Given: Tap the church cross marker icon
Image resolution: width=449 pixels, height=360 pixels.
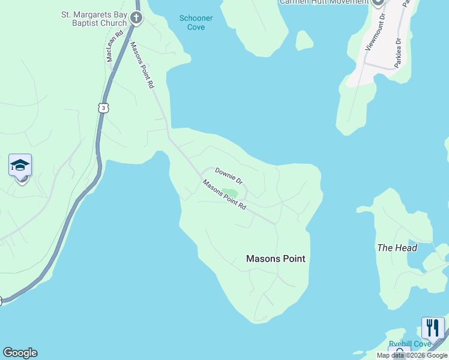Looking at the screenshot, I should click(x=136, y=17).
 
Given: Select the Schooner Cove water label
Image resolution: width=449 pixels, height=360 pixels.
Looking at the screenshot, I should click(x=196, y=22).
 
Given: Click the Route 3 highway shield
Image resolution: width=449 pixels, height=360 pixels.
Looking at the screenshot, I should click(x=104, y=107).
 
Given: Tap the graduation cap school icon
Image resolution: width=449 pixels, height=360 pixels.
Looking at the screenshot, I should click(x=20, y=165).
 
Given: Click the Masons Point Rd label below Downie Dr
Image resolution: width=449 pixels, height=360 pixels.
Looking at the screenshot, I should click(x=224, y=194).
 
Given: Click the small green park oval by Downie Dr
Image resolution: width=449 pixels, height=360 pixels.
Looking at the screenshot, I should click(x=229, y=193).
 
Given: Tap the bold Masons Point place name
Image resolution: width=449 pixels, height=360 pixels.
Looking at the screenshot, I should click(x=276, y=259).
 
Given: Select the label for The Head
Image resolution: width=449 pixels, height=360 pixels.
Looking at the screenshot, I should click(x=397, y=247).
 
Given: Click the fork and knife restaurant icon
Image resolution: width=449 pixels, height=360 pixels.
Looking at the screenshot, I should click(x=433, y=328).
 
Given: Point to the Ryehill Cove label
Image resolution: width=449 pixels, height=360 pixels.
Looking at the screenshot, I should click(x=410, y=344).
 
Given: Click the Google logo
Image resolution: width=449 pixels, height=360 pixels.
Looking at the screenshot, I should click(x=20, y=353).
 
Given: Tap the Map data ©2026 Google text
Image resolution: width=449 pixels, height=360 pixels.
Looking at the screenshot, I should click(x=412, y=356).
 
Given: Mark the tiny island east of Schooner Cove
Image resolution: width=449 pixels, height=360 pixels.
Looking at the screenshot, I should click(x=304, y=40).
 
